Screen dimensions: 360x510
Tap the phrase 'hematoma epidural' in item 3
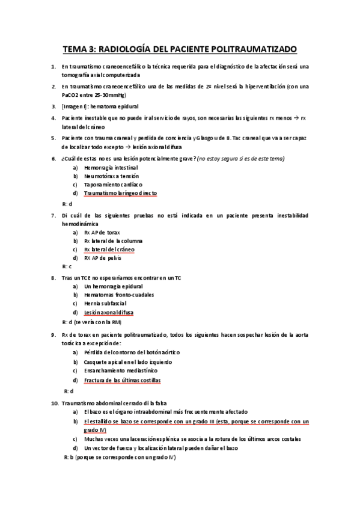(x=114, y=106)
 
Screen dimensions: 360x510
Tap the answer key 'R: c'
(x=67, y=266)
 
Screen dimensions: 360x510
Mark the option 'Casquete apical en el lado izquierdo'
(x=128, y=362)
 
